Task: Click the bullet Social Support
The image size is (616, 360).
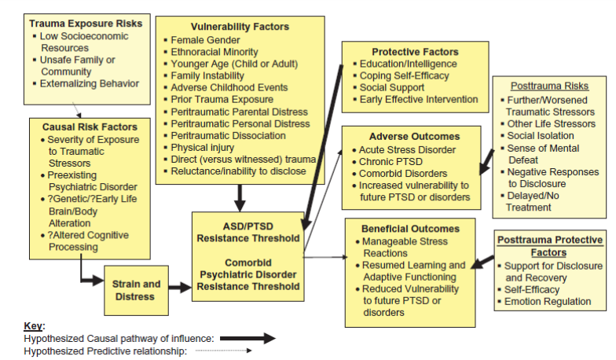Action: click(393, 87)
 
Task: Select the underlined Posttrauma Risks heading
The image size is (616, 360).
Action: click(548, 86)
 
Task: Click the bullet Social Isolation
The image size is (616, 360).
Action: click(541, 135)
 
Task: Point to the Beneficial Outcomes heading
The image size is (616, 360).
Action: click(410, 228)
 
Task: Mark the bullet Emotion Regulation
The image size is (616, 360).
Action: click(548, 301)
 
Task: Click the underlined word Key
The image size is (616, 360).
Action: click(34, 325)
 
